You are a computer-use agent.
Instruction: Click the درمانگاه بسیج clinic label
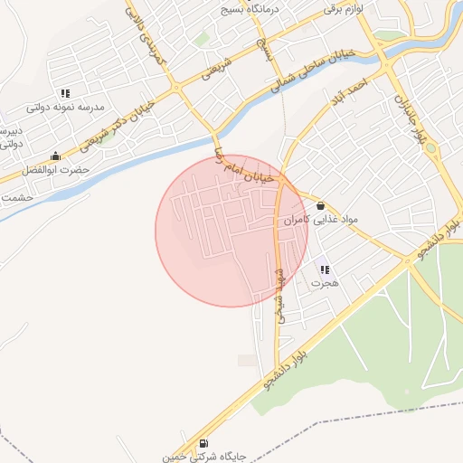pyautogui.click(x=250, y=10)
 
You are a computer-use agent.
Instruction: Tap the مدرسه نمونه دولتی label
pyautogui.click(x=65, y=107)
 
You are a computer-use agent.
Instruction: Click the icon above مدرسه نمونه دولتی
pyautogui.click(x=65, y=92)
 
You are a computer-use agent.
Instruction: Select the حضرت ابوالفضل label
pyautogui.click(x=56, y=169)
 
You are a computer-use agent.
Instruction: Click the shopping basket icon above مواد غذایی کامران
pyautogui.click(x=321, y=206)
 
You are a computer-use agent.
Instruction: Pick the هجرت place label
pyautogui.click(x=325, y=283)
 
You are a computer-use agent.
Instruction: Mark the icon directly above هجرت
pyautogui.click(x=325, y=269)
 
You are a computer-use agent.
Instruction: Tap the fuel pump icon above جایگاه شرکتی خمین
pyautogui.click(x=203, y=443)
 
